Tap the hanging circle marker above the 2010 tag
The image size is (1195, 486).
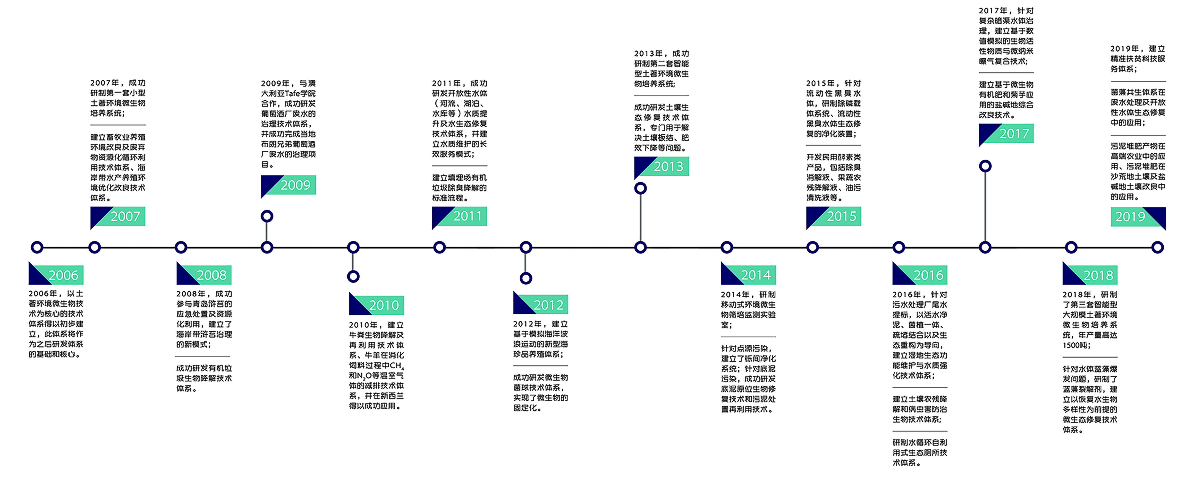point(353,277)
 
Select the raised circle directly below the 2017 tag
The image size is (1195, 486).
point(985,166)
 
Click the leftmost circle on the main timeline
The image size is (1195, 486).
point(37,247)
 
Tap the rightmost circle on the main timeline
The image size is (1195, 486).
point(1157,247)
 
